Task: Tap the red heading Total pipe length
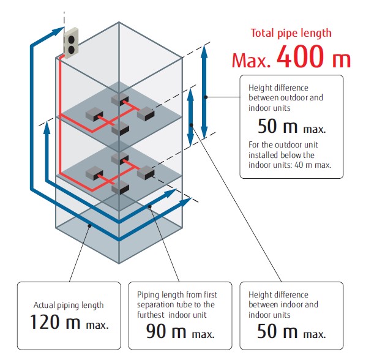[291, 33]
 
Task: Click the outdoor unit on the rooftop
[71, 43]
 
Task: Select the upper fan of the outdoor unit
[71, 39]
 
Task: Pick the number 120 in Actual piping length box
[45, 322]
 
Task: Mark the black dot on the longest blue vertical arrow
[206, 97]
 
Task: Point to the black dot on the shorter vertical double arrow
[191, 125]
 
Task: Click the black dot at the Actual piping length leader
[89, 226]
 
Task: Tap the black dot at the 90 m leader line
[150, 206]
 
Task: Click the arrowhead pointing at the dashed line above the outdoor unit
[58, 31]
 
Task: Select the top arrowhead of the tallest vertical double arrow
[204, 50]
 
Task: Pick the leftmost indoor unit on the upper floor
[94, 114]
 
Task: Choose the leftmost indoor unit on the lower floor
[94, 173]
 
